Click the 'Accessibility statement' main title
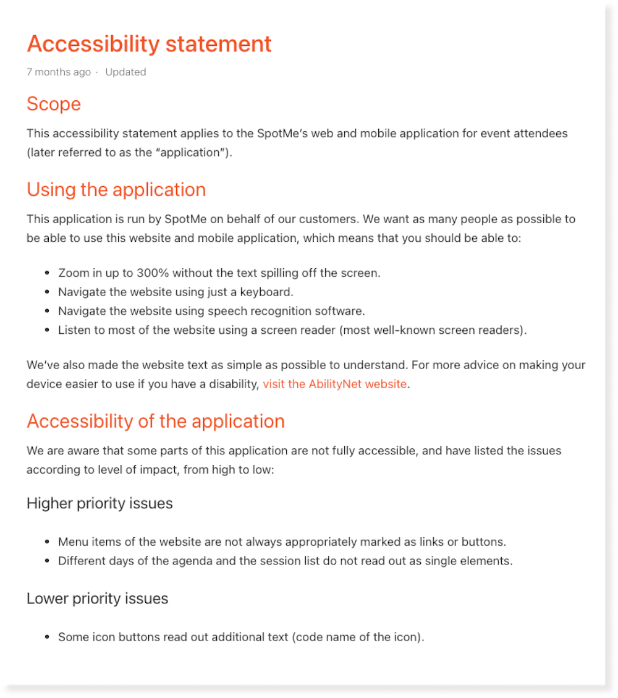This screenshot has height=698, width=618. tap(149, 44)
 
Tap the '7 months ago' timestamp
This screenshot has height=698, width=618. tap(59, 72)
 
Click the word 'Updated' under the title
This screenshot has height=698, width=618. tap(125, 72)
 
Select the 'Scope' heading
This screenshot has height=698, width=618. tap(54, 103)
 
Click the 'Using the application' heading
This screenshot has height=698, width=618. tap(116, 189)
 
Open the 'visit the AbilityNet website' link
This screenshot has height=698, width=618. tap(334, 384)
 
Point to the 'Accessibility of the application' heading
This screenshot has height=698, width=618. tap(156, 421)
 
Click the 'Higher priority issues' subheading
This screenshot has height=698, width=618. tap(99, 503)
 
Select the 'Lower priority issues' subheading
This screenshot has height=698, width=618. tap(98, 598)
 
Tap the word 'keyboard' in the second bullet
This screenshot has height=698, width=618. tap(268, 292)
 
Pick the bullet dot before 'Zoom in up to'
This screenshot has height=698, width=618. tap(48, 273)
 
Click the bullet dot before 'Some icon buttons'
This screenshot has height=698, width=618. tap(48, 637)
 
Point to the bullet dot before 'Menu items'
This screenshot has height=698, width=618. tap(48, 542)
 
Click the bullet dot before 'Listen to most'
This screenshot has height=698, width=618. tap(48, 330)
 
